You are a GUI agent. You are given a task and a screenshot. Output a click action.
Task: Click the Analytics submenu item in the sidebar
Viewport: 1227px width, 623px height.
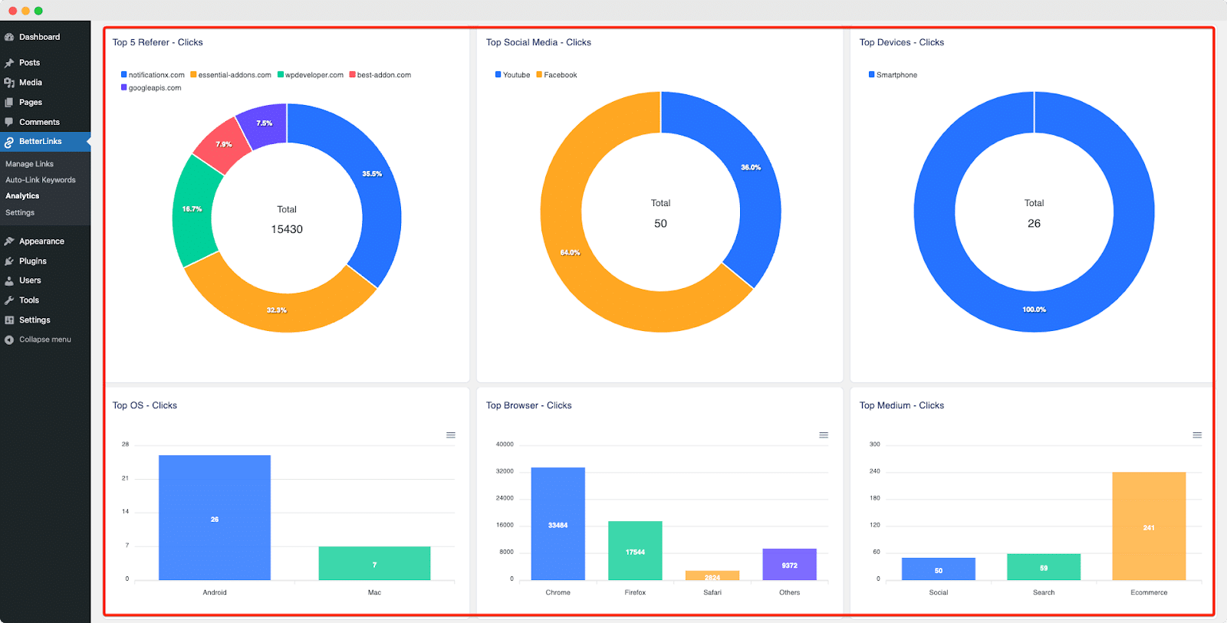coord(22,196)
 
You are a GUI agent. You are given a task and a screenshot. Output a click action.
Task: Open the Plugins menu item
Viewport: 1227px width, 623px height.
coord(32,261)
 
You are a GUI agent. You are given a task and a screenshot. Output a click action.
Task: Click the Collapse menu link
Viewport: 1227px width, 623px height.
coord(44,339)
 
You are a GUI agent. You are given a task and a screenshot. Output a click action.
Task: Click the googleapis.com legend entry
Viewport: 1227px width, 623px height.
coord(154,88)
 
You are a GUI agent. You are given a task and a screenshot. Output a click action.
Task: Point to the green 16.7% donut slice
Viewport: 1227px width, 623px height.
coord(192,209)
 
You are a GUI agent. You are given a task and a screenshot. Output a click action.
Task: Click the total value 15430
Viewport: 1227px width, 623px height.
coord(287,229)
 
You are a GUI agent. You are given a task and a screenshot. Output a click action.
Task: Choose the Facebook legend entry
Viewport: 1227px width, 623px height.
coord(560,75)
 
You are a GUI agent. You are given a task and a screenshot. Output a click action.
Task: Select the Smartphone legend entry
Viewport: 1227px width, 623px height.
coord(896,75)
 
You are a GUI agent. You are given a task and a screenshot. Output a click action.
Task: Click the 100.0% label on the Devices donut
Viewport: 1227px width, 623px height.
coord(1034,310)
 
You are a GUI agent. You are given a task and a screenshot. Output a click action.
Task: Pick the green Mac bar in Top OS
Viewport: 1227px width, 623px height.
coord(374,563)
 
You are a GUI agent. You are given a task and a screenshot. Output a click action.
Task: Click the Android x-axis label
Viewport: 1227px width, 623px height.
coord(215,592)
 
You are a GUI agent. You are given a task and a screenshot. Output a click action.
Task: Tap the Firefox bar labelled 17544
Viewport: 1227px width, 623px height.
coord(635,551)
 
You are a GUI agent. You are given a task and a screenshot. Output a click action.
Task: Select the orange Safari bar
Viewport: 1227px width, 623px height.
coord(712,575)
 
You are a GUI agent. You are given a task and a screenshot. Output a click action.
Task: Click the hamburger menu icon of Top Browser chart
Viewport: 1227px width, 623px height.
coord(824,435)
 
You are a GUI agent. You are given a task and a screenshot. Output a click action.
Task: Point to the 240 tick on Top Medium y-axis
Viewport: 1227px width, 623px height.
coord(874,471)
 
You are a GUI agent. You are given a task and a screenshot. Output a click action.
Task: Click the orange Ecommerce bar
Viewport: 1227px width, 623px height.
coord(1149,526)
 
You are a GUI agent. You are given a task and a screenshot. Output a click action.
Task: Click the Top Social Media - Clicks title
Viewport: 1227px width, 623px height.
coord(538,42)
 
